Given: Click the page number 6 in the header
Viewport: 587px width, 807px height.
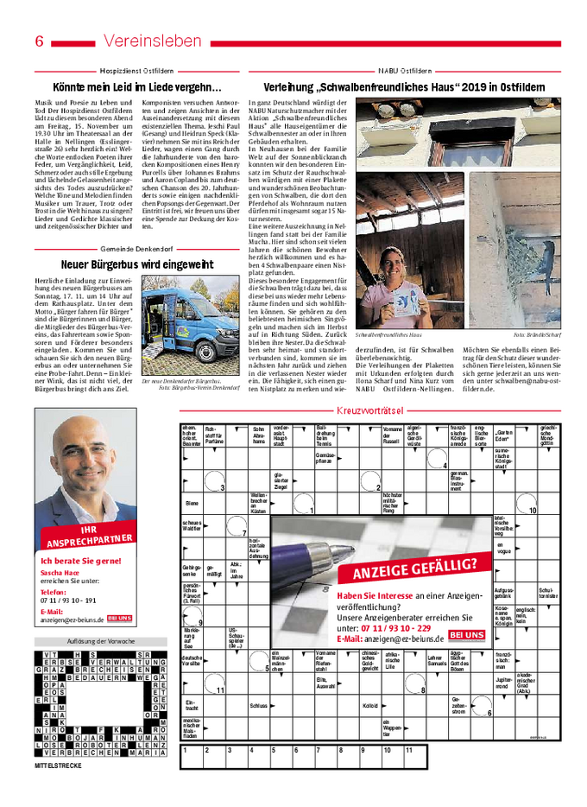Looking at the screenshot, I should pyautogui.click(x=40, y=41).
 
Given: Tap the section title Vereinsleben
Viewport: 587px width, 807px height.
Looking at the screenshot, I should pyautogui.click(x=152, y=41).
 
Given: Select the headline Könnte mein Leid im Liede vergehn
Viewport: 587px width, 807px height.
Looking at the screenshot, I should pyautogui.click(x=137, y=87).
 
